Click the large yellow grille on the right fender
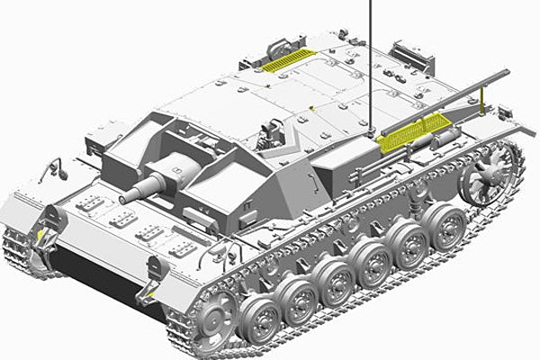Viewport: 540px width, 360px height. [x=409, y=130]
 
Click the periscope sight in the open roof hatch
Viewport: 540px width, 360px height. [x=269, y=135]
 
